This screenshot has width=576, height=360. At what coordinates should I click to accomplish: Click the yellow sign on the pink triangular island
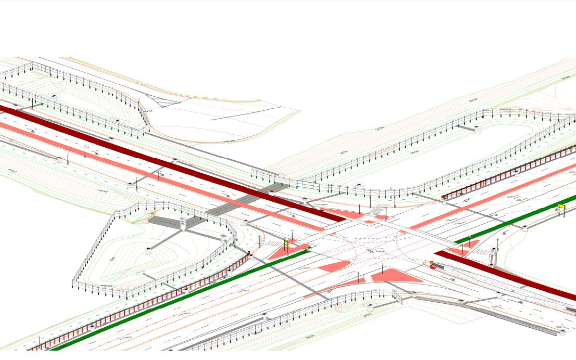[x=286, y=243]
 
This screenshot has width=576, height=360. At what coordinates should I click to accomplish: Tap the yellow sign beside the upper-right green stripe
[x=561, y=207]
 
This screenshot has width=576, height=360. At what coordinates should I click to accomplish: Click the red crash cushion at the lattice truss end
[x=432, y=265]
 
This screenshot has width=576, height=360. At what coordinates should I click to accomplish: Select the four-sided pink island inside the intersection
[x=334, y=267]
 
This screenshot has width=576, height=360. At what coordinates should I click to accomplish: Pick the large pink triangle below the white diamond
[x=395, y=276]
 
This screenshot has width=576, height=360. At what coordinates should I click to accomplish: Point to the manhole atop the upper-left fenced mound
[x=53, y=97]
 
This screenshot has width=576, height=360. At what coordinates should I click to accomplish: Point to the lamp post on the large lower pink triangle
[x=383, y=269]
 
